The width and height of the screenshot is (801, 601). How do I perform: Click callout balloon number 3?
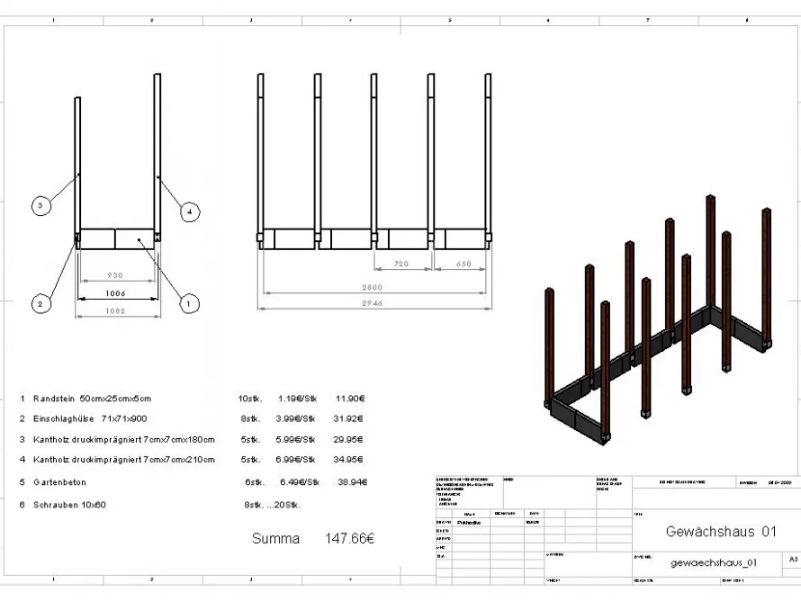click(x=38, y=206)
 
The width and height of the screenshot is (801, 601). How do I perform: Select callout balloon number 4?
click(x=189, y=212)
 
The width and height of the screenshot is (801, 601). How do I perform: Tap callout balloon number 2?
click(x=38, y=304)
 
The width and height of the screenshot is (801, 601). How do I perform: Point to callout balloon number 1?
click(x=189, y=304)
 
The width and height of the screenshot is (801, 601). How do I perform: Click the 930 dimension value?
click(x=116, y=275)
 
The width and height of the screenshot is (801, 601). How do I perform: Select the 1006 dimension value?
click(x=116, y=293)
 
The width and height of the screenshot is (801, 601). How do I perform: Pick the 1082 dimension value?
click(x=116, y=311)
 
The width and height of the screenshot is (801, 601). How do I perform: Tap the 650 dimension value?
click(x=463, y=265)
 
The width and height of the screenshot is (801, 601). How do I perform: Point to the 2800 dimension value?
click(x=373, y=287)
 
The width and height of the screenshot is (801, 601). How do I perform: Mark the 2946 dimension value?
click(x=373, y=304)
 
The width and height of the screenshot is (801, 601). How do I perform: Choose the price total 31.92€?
click(x=349, y=418)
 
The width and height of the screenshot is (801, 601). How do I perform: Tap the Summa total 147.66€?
click(x=349, y=539)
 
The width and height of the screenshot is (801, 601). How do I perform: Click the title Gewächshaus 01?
click(x=720, y=532)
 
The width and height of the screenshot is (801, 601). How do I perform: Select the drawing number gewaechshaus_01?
click(x=714, y=563)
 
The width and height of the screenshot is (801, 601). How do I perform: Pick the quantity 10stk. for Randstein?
click(x=249, y=398)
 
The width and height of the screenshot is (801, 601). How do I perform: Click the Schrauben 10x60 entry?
click(x=69, y=505)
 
